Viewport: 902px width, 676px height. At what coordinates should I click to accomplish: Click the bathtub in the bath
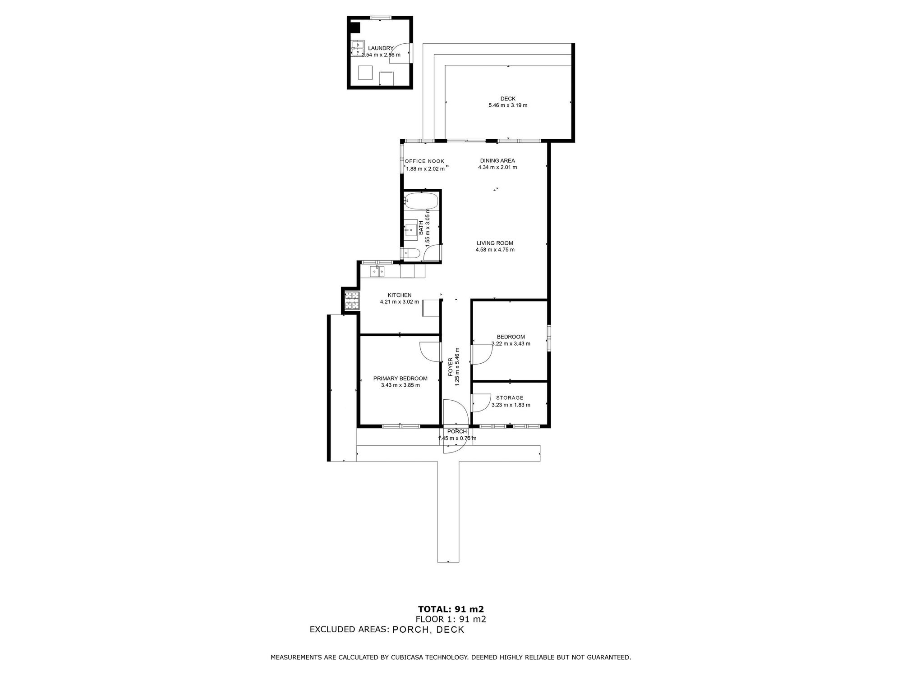(x=421, y=201)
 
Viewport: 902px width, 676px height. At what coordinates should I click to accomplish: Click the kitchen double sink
(x=377, y=271)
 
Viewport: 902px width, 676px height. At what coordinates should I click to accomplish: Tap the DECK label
(x=508, y=99)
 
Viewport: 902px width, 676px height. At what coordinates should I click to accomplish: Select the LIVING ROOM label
(x=495, y=243)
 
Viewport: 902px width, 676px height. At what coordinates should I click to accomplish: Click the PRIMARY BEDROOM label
(x=400, y=379)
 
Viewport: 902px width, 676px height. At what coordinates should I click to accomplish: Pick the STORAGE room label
(x=510, y=398)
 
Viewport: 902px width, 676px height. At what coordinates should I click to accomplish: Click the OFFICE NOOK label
(x=424, y=161)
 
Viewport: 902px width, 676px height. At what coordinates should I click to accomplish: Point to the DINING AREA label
(x=497, y=160)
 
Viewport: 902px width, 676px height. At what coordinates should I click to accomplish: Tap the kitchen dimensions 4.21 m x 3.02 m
(x=400, y=302)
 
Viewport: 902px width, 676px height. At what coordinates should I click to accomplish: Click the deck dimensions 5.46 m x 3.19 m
(x=508, y=105)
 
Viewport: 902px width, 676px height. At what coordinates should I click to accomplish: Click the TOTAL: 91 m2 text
(x=451, y=609)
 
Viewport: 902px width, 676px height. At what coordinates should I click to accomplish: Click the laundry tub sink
(x=357, y=48)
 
